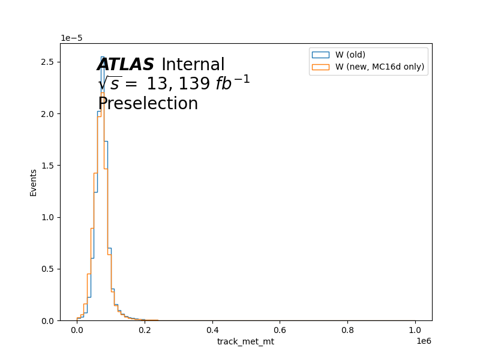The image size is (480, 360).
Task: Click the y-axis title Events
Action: click(33, 183)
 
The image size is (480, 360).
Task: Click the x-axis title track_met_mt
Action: click(245, 341)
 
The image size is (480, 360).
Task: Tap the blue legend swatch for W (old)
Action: click(320, 55)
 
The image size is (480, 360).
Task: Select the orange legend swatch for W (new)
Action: click(320, 67)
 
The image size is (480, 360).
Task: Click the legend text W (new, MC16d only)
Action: click(380, 67)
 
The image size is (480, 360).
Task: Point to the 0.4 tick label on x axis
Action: click(212, 331)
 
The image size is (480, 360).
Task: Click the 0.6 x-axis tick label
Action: click(280, 331)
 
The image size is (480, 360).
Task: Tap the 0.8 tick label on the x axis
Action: click(347, 331)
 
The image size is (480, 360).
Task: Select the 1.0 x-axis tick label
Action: click(415, 331)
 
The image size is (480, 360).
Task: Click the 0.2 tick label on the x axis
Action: click(145, 331)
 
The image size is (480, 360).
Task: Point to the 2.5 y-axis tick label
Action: click(47, 62)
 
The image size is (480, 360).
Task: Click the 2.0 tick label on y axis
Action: click(47, 114)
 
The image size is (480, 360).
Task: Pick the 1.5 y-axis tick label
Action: click(47, 166)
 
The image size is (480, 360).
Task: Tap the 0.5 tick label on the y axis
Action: click(47, 269)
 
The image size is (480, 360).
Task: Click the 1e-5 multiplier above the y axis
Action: click(71, 38)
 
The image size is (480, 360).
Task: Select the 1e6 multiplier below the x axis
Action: click(424, 341)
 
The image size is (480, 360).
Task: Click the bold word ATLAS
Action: click(125, 65)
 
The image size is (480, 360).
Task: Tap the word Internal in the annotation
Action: click(193, 65)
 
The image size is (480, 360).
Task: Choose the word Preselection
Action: click(148, 103)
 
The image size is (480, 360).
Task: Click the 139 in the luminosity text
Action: click(194, 83)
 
